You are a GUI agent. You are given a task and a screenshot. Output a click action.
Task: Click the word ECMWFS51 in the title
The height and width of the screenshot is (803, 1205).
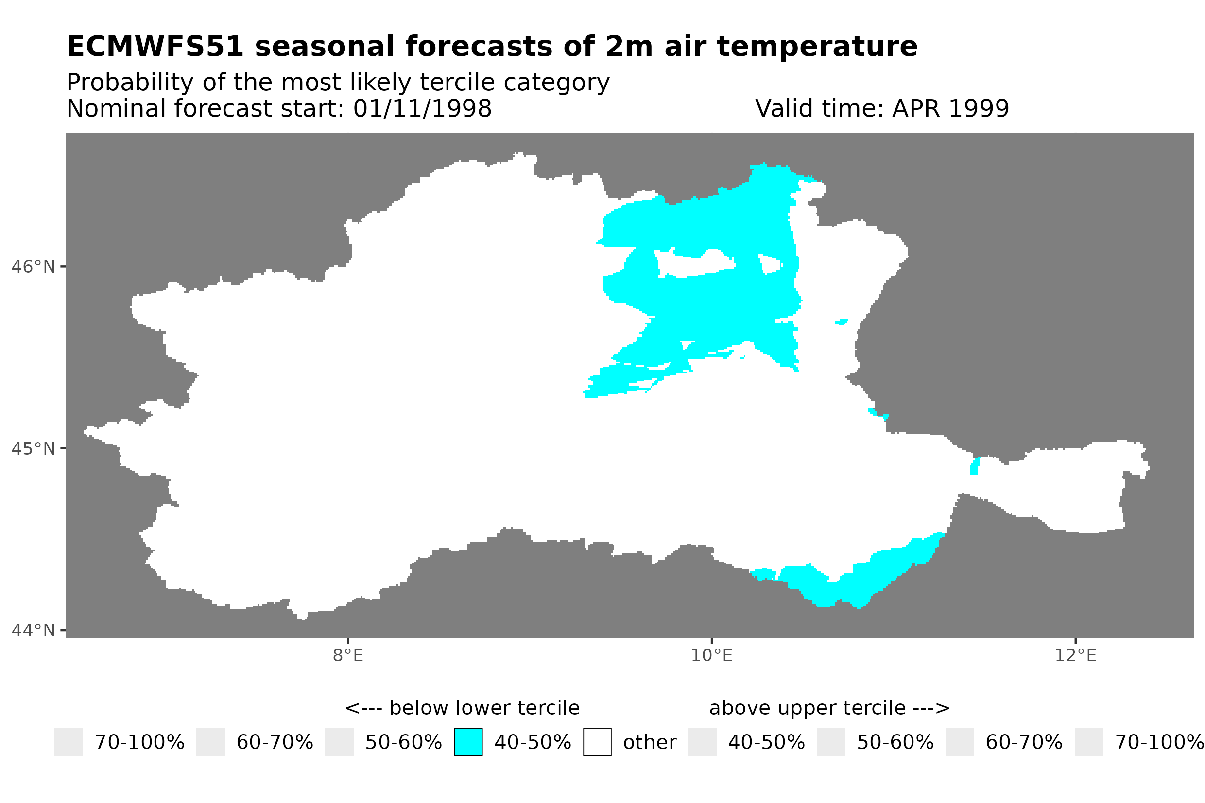point(155,47)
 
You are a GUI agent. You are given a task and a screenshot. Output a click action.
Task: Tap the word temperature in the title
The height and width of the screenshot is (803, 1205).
point(817,47)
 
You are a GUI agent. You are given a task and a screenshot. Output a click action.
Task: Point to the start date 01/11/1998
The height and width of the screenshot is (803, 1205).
point(422,108)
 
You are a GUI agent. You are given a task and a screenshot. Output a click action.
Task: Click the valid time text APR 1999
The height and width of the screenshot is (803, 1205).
point(950,108)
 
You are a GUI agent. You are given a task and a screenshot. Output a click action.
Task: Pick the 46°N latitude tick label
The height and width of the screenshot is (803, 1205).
point(33,267)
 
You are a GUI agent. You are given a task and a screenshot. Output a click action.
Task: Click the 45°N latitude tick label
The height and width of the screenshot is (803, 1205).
point(33,448)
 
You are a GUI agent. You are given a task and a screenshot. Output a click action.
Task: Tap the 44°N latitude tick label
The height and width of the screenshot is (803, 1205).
point(33,631)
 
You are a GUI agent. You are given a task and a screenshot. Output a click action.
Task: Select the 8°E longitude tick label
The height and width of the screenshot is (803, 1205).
point(348,655)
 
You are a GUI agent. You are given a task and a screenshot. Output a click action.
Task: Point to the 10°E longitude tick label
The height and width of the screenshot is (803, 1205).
point(711,655)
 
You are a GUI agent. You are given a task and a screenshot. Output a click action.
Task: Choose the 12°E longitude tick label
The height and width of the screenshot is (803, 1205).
point(1075,655)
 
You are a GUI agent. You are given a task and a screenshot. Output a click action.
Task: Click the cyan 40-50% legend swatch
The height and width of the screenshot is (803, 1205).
point(468,742)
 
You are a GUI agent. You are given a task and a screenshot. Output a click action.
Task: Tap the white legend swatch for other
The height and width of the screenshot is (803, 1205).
point(597,742)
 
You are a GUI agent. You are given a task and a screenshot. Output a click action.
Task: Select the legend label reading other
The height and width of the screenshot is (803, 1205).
point(649,743)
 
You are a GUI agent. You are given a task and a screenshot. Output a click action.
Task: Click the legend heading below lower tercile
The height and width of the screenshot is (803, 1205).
point(462,708)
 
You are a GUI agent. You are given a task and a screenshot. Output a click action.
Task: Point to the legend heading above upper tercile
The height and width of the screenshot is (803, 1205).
point(829,708)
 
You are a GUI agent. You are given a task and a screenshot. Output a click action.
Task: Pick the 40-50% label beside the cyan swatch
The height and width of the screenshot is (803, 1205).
point(533,743)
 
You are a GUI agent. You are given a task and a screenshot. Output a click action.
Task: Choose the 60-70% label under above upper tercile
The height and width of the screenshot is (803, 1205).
point(1024,743)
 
